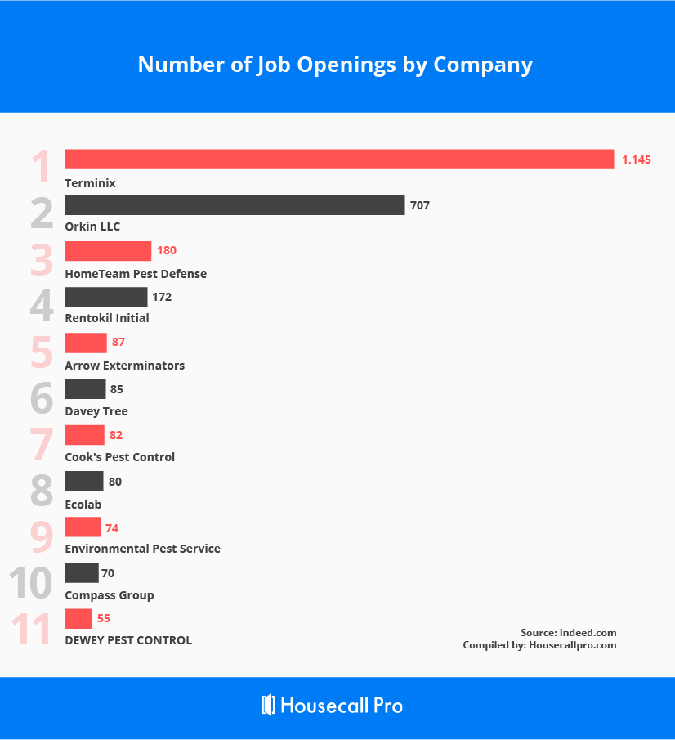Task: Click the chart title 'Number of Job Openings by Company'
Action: (335, 65)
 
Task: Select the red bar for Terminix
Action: (339, 159)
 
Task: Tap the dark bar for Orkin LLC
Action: (235, 205)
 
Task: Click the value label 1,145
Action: (636, 159)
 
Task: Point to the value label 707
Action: (419, 205)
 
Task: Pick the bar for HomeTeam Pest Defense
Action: (108, 251)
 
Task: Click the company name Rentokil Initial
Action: (107, 318)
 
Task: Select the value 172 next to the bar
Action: (162, 297)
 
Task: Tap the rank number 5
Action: (42, 351)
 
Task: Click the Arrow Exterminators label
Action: (124, 366)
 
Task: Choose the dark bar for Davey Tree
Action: (85, 389)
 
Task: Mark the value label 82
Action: (116, 435)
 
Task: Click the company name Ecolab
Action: (83, 505)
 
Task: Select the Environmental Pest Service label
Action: (142, 549)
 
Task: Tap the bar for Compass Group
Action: (81, 573)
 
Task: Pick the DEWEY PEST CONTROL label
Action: (128, 640)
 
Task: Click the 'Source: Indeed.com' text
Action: (568, 632)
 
